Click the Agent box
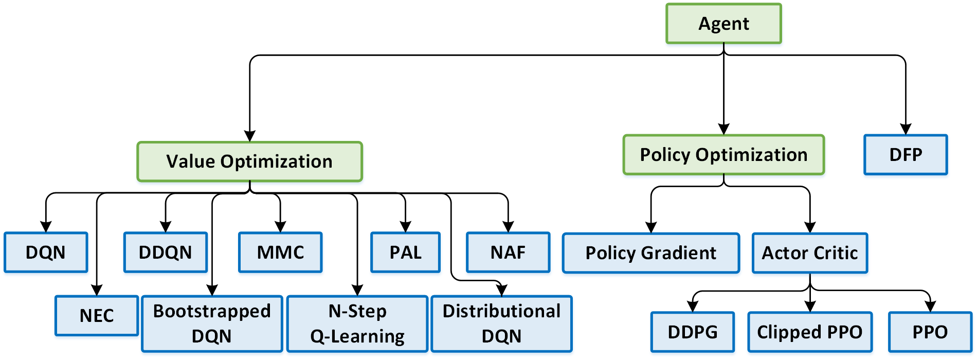723,24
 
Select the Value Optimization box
249,161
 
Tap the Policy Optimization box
723,155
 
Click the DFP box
906,155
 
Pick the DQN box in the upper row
46,253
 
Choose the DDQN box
165,253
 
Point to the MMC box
280,253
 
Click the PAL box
405,253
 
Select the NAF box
508,253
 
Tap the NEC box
97,316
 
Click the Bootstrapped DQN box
212,323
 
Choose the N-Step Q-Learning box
357,323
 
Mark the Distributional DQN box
501,323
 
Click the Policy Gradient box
651,253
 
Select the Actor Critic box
810,253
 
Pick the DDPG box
692,332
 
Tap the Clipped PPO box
810,332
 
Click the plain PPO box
930,332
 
